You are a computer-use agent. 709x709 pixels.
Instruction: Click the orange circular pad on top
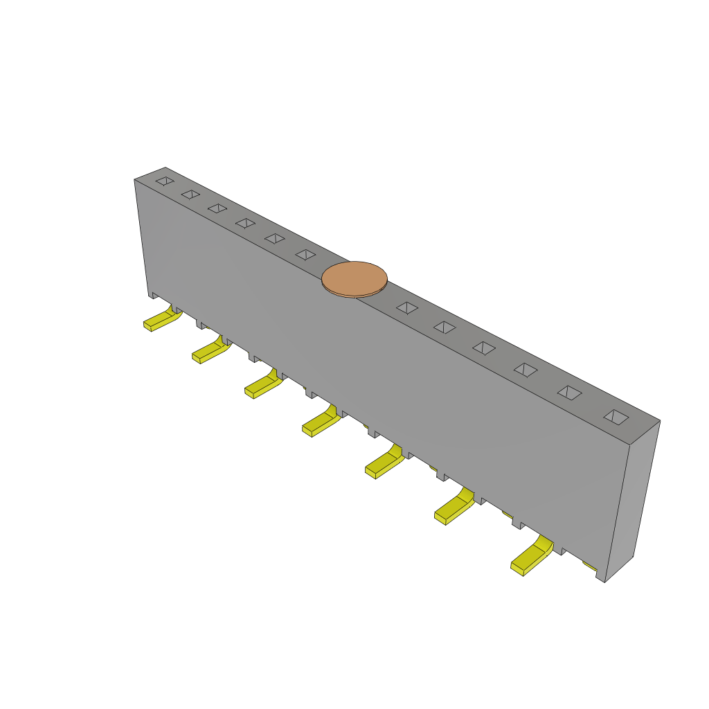pyautogui.click(x=354, y=278)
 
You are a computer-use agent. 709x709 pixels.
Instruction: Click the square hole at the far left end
pyautogui.click(x=165, y=181)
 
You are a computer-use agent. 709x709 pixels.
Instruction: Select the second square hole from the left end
pyautogui.click(x=190, y=195)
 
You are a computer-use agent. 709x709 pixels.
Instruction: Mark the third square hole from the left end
pyautogui.click(x=217, y=208)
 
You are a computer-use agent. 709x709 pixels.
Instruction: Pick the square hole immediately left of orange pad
pyautogui.click(x=305, y=255)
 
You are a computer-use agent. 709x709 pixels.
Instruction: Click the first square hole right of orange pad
pyautogui.click(x=407, y=308)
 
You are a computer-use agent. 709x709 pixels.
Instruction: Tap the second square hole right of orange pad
pyautogui.click(x=445, y=327)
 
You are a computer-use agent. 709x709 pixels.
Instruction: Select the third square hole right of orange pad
pyautogui.click(x=484, y=348)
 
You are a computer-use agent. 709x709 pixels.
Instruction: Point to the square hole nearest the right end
pyautogui.click(x=616, y=417)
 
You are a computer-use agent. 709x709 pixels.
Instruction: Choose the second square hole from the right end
pyautogui.click(x=569, y=393)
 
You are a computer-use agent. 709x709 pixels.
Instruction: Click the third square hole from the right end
pyautogui.click(x=526, y=370)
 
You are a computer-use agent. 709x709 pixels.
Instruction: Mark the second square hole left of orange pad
pyautogui.click(x=275, y=238)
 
